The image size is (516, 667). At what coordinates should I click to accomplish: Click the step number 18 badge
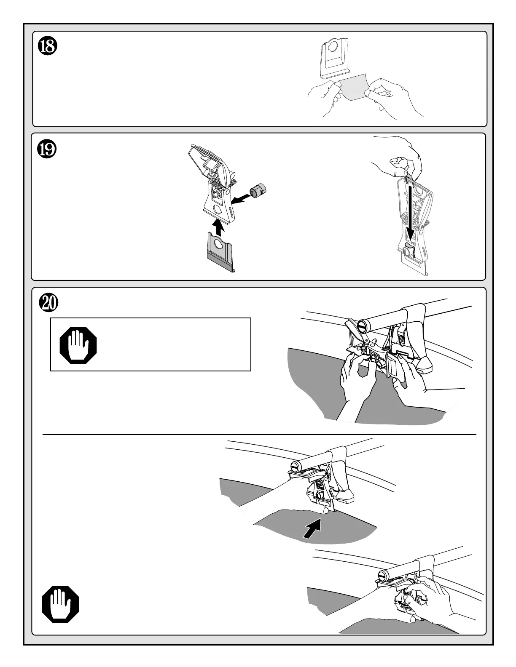(x=48, y=46)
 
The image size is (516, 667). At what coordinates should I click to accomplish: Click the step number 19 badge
(x=47, y=149)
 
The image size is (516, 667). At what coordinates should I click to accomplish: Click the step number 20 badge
(x=48, y=303)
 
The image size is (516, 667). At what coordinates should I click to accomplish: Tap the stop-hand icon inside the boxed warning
(x=78, y=345)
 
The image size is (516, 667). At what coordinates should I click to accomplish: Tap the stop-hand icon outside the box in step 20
(x=60, y=604)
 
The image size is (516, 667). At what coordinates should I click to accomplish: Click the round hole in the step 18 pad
(x=333, y=46)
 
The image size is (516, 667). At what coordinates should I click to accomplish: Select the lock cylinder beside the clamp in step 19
(x=258, y=190)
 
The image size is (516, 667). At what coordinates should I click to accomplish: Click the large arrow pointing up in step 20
(x=313, y=528)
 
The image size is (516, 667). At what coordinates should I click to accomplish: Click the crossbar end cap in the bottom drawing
(x=383, y=575)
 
